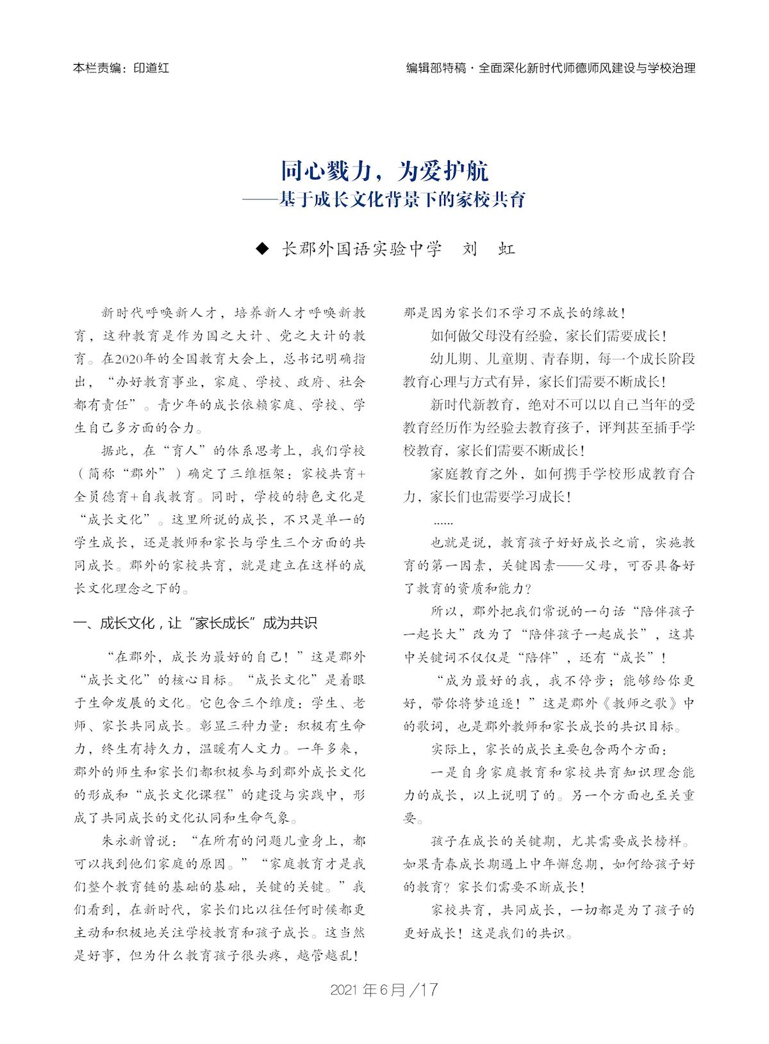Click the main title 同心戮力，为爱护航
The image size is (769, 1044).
[384, 172]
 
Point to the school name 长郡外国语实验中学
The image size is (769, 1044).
[362, 249]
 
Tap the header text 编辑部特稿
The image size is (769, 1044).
[436, 68]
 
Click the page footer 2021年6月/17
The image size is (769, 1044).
[384, 990]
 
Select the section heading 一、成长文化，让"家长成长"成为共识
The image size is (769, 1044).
[195, 623]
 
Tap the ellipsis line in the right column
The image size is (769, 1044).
[443, 521]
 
